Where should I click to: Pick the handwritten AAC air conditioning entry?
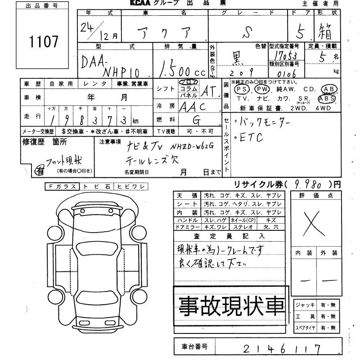(192, 107)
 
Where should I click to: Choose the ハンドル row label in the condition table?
(188, 220)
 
